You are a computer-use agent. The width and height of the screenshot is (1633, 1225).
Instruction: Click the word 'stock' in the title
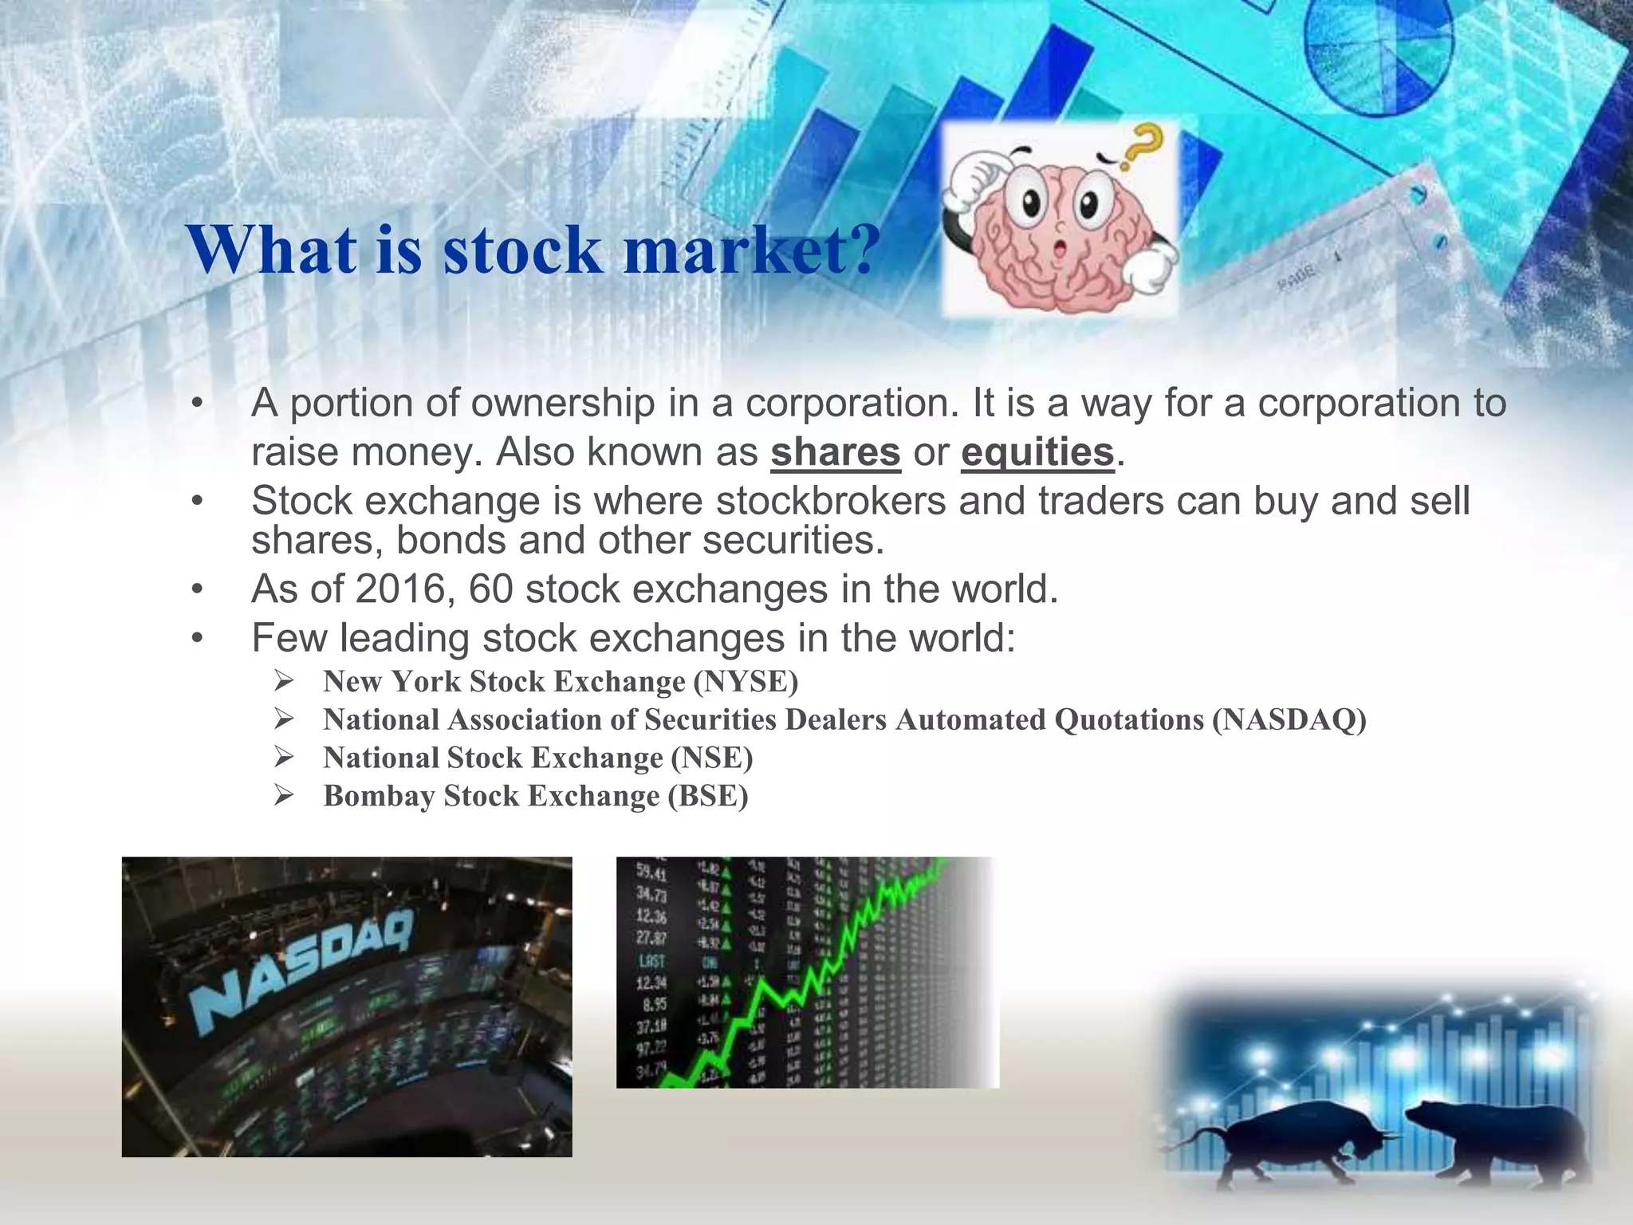521,250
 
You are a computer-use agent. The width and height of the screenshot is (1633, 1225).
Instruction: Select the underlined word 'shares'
835,453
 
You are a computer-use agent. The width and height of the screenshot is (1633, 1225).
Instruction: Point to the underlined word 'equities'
1037,453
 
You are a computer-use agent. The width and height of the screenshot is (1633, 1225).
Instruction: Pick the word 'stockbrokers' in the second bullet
830,502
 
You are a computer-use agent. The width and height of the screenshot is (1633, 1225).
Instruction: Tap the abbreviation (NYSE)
746,682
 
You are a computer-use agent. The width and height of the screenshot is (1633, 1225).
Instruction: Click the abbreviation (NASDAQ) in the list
1289,720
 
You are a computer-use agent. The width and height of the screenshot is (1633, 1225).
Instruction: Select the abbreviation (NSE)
711,758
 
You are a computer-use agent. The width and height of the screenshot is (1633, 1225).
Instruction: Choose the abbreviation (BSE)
708,796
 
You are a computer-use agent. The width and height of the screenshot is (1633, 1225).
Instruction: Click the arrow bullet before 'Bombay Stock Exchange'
284,795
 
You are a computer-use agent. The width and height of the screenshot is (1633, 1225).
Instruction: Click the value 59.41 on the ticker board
651,872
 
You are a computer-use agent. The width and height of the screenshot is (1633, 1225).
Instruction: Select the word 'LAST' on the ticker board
651,961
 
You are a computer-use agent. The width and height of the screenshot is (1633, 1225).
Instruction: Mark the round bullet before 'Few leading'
198,639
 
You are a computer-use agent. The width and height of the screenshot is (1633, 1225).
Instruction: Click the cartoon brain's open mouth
1060,250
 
